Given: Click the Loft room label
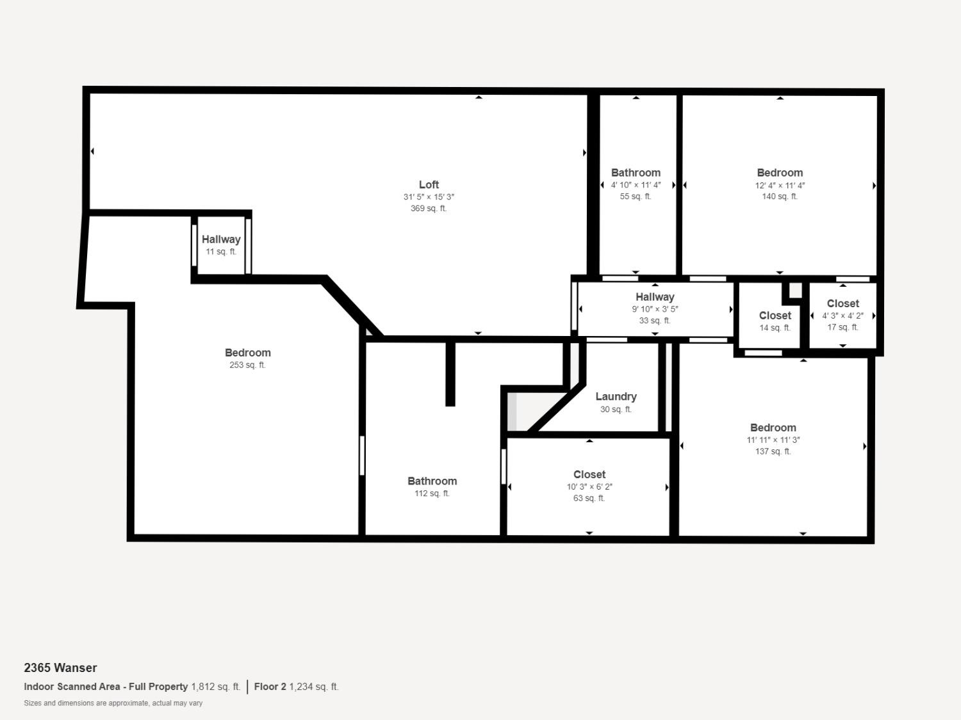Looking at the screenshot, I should pyautogui.click(x=429, y=184).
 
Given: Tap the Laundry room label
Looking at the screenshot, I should pyautogui.click(x=616, y=397).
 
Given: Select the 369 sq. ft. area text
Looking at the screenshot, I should pyautogui.click(x=429, y=209).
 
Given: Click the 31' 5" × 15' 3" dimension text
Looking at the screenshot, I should pyautogui.click(x=429, y=197).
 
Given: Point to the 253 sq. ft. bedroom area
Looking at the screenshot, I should pyautogui.click(x=247, y=365).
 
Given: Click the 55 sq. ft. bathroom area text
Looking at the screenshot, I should pyautogui.click(x=636, y=196).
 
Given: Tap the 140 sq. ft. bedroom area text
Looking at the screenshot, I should pyautogui.click(x=780, y=196).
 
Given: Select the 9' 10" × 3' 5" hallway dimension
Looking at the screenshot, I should pyautogui.click(x=655, y=309).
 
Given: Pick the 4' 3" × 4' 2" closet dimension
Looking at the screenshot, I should pyautogui.click(x=842, y=316).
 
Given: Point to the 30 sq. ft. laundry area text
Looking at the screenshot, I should pyautogui.click(x=616, y=410).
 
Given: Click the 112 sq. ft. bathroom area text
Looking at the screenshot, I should pyautogui.click(x=432, y=493).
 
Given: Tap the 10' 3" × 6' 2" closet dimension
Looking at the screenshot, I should pyautogui.click(x=589, y=487).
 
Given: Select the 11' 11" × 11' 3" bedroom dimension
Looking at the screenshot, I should pyautogui.click(x=773, y=440).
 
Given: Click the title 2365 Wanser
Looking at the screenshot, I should pyautogui.click(x=60, y=668).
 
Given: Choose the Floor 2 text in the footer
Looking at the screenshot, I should pyautogui.click(x=270, y=687).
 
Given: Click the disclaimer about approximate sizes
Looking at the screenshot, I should pyautogui.click(x=113, y=703).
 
